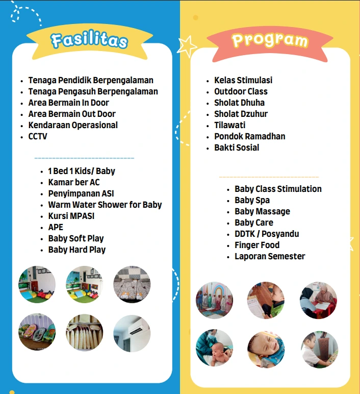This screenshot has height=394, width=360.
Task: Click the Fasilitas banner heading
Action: coord(89,40)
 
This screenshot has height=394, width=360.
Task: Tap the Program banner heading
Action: coord(270,40)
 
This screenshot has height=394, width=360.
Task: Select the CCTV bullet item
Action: coord(38,136)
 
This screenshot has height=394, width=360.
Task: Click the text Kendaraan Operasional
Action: coord(73,125)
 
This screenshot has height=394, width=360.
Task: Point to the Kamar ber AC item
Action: coord(74,182)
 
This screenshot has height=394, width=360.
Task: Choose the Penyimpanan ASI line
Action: coord(81,193)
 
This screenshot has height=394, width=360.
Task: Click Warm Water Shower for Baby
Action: coord(105,205)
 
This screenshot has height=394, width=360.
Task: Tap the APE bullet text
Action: coord(56,227)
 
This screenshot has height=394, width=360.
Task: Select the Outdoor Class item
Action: coord(241,91)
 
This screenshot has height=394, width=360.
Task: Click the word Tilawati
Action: coord(230,125)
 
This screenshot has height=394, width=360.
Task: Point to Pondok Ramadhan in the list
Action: coord(249,136)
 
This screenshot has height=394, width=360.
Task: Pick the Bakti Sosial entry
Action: coord(237,147)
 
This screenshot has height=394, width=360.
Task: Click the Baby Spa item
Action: coord(252,200)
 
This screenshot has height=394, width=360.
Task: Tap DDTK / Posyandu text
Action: coord(267,234)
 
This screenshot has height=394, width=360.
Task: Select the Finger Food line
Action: coord(257,245)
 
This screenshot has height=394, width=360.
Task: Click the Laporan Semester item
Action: coord(270,256)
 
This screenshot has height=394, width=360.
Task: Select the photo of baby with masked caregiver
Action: coord(214,348)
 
